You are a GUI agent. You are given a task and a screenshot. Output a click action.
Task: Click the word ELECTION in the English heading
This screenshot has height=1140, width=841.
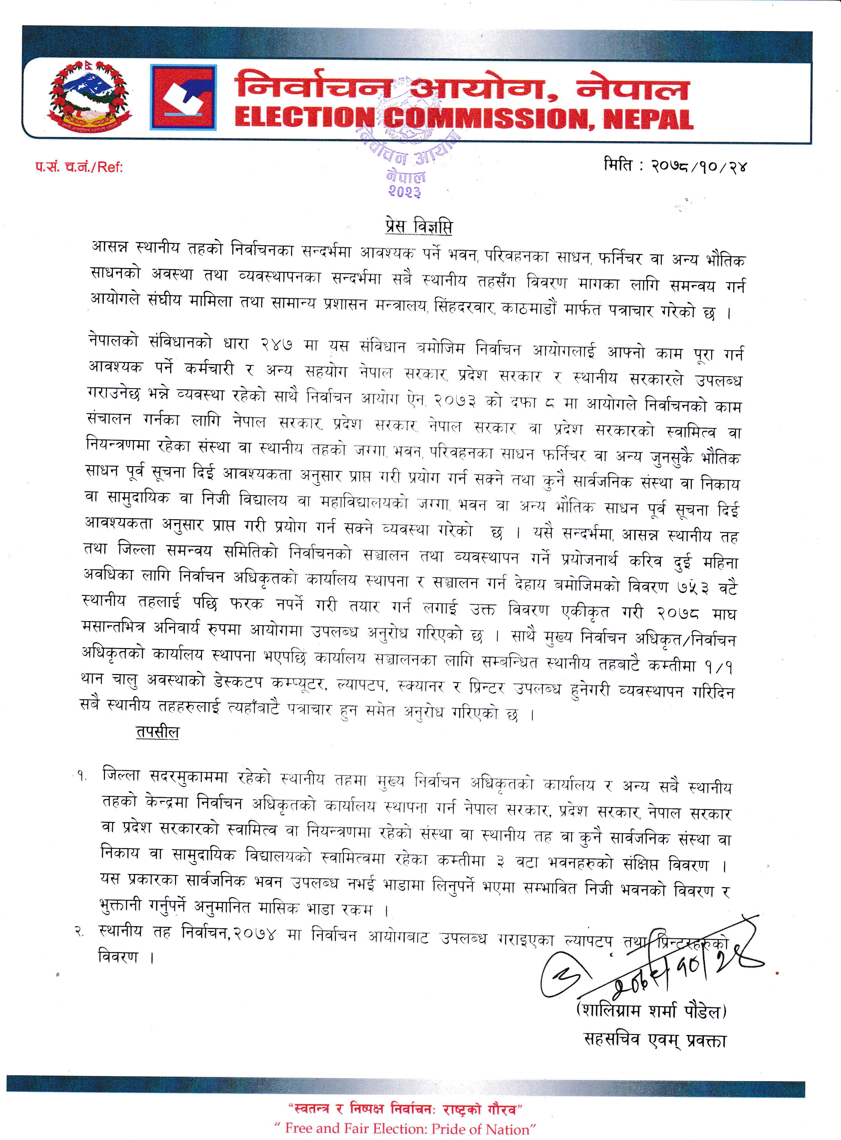pos(304,118)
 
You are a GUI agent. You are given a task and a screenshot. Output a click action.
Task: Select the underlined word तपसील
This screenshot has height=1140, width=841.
pos(157,732)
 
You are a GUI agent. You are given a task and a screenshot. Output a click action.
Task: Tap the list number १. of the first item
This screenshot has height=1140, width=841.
pos(81,776)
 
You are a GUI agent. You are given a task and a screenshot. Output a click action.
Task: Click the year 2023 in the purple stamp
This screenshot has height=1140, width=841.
pos(405,191)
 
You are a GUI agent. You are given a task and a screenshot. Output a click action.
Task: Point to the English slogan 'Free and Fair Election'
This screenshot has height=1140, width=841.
pos(405,1128)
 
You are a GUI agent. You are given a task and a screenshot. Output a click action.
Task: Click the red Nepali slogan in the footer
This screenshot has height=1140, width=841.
pos(405,1109)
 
